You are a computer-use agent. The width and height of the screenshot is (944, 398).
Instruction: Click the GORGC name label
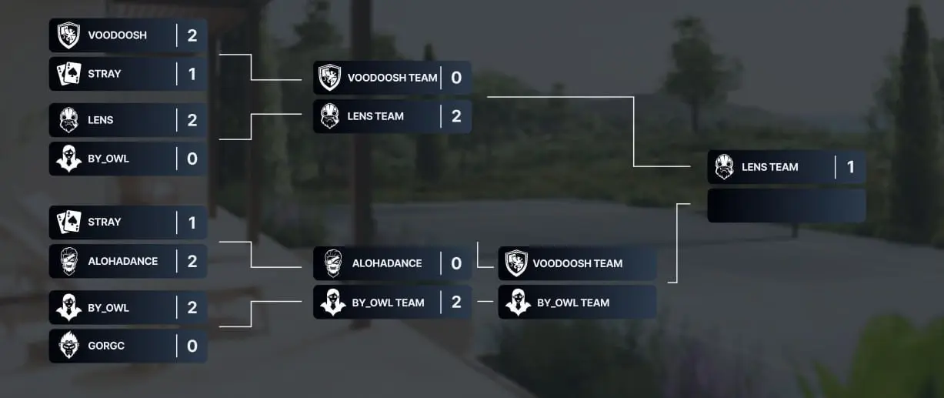(105, 346)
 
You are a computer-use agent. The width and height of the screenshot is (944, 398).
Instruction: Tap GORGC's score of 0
(192, 346)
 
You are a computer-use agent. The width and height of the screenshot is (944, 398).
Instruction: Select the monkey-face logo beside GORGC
(68, 346)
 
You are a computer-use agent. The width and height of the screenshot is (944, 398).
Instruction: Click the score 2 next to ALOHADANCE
(192, 262)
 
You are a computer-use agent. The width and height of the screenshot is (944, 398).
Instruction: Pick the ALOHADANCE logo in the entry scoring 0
(333, 263)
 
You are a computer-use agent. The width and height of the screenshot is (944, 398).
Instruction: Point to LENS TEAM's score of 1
(851, 167)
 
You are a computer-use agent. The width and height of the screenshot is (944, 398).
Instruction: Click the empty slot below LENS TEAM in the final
(786, 206)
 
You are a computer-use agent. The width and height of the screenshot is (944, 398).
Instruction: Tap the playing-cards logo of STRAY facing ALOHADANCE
(68, 222)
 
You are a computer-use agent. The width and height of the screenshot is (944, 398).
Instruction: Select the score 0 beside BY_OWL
(192, 159)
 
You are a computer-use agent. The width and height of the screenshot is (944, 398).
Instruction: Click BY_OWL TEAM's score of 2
(456, 302)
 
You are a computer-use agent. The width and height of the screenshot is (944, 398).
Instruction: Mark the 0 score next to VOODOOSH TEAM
(456, 78)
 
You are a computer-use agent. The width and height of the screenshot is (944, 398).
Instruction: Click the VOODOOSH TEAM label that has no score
(577, 263)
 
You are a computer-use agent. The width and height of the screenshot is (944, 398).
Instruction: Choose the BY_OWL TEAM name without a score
(573, 303)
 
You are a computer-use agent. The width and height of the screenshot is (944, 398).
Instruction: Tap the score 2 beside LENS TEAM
(456, 116)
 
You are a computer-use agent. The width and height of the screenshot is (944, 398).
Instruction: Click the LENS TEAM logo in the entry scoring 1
(724, 166)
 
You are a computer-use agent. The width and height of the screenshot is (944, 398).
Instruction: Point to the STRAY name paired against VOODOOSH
(104, 74)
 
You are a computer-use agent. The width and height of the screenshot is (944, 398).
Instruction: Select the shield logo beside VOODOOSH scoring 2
(68, 35)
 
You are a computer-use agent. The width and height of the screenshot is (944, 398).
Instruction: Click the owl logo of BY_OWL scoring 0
(68, 159)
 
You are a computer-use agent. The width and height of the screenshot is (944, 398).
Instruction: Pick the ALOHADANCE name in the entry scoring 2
(122, 262)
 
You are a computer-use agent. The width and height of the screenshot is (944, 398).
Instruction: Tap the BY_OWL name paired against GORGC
(108, 308)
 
